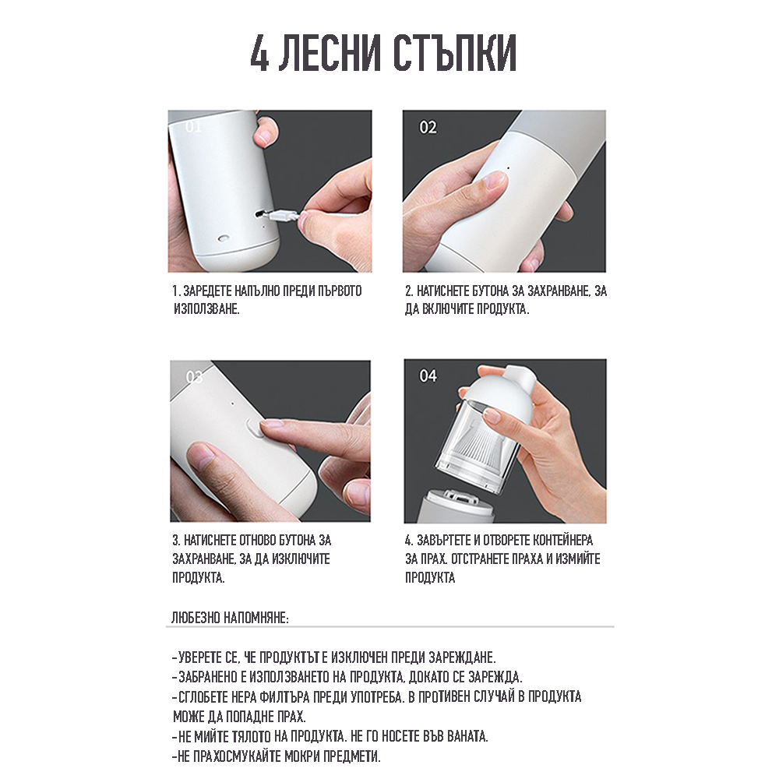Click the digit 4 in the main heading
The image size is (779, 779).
tap(260, 53)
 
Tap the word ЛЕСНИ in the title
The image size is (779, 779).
tap(330, 53)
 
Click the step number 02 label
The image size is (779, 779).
tap(428, 128)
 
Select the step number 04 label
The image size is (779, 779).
tap(428, 376)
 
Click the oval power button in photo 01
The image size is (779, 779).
tap(224, 238)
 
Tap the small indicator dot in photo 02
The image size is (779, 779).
tap(508, 168)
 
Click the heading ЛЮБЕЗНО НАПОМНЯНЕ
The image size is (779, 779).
tap(230, 618)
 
